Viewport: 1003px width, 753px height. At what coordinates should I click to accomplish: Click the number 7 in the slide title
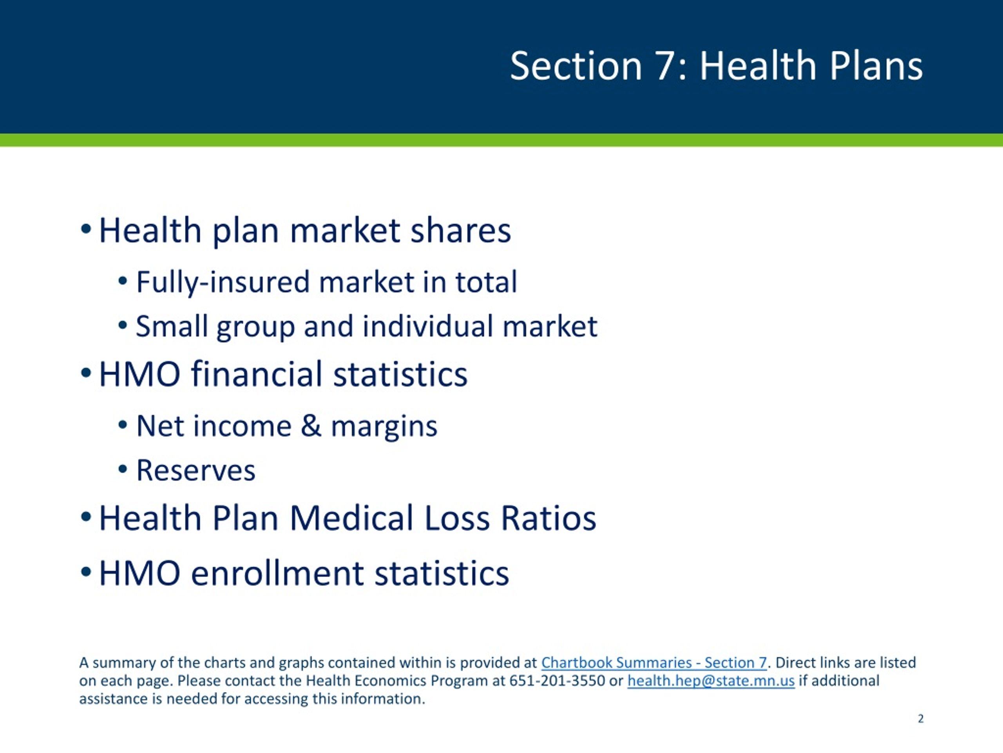pyautogui.click(x=665, y=66)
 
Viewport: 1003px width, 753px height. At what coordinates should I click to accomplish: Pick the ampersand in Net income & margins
pyautogui.click(x=311, y=426)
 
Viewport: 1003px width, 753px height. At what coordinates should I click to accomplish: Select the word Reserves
pyautogui.click(x=196, y=470)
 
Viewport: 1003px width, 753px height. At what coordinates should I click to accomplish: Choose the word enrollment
pyautogui.click(x=277, y=573)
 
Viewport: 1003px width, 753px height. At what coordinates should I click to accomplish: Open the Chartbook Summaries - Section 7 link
pyautogui.click(x=654, y=663)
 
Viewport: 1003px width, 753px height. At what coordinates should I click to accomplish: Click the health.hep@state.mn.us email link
pyautogui.click(x=711, y=681)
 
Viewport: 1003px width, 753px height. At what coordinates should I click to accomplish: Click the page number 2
pyautogui.click(x=920, y=718)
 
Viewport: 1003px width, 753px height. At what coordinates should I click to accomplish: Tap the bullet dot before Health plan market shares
pyautogui.click(x=86, y=229)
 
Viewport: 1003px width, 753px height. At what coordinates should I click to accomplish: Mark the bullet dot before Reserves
pyautogui.click(x=122, y=469)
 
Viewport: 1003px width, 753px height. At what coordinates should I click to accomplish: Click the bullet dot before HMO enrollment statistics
pyautogui.click(x=86, y=571)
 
